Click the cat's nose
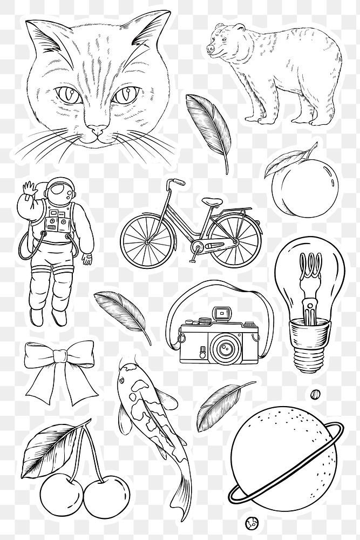point(97,129)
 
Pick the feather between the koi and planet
point(216,410)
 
